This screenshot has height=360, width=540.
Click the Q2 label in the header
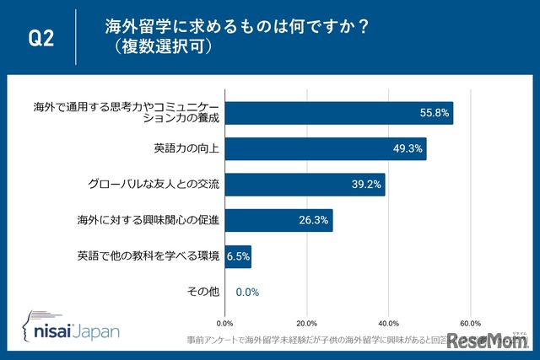point(41,38)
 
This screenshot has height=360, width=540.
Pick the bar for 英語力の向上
point(326,149)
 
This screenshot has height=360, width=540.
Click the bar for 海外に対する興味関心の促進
point(279,221)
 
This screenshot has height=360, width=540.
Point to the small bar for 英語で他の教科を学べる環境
point(238,256)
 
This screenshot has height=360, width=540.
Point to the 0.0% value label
point(247,292)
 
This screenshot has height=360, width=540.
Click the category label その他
point(203,292)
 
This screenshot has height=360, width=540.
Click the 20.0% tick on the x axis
point(306,322)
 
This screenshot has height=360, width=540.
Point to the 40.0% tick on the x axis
point(388,322)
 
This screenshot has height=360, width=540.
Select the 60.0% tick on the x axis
point(470,322)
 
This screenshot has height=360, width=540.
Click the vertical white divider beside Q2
point(76,38)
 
